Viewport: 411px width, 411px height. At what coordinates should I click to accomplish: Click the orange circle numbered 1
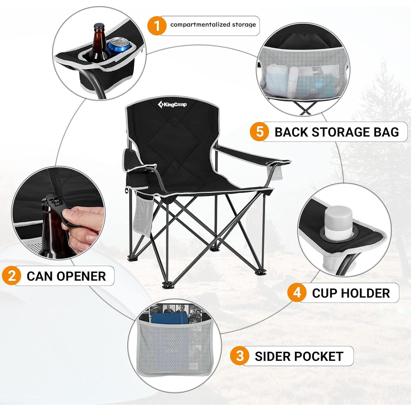[x=157, y=26]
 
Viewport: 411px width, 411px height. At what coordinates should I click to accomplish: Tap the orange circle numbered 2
[x=12, y=276]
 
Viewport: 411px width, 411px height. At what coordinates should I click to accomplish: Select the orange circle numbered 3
[x=239, y=356]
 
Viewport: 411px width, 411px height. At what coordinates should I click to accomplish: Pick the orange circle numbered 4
[x=297, y=293]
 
